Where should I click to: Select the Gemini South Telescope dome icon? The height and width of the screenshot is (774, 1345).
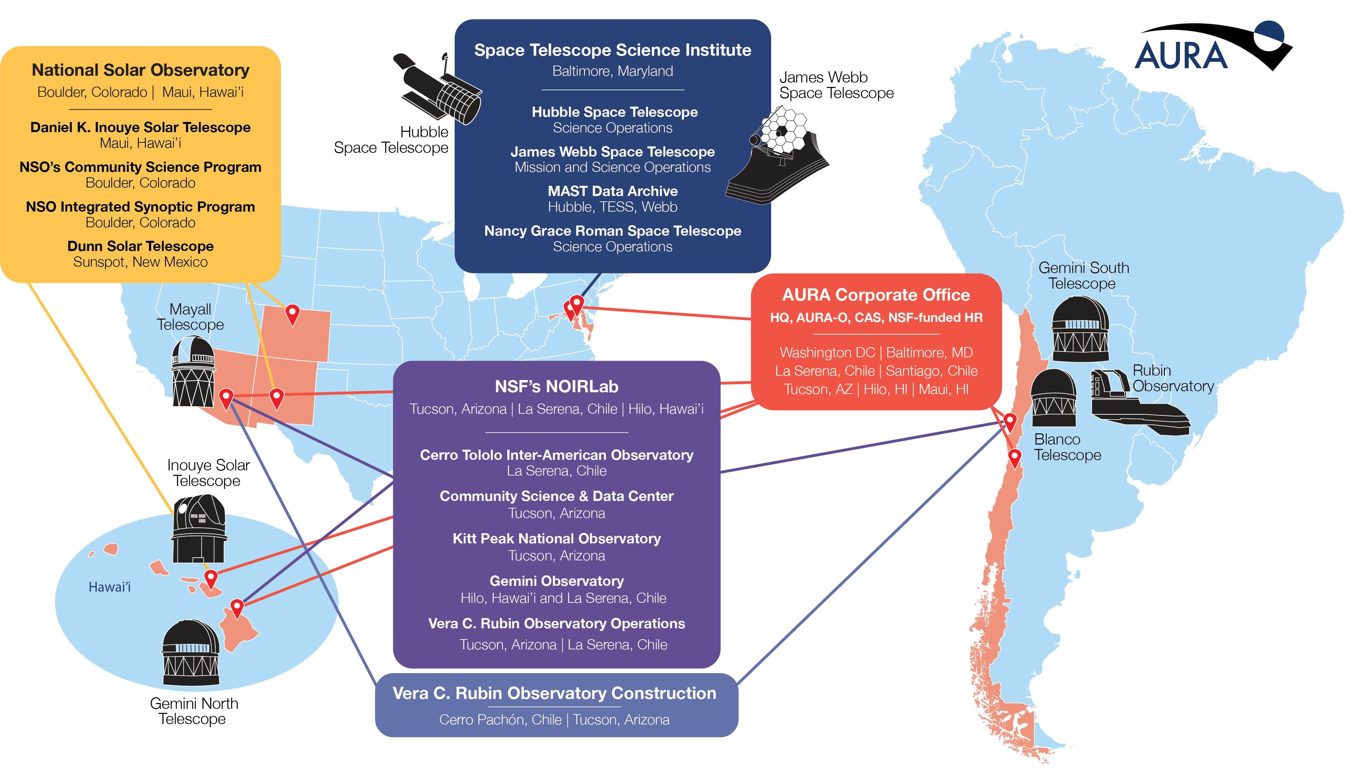coord(1080,329)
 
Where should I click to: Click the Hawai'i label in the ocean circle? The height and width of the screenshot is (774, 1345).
coord(109,587)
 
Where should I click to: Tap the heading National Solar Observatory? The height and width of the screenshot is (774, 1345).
coord(140,70)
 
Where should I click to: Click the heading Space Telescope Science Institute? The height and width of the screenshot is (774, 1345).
coord(613,50)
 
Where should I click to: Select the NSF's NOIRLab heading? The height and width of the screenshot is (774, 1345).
coord(557,386)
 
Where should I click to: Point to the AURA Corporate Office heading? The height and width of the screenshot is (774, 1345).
coord(876,294)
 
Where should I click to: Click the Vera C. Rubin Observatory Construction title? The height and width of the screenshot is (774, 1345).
coord(554,693)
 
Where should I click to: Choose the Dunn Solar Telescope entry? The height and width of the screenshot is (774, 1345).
coord(140,254)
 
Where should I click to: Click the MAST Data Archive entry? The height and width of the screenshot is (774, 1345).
coord(613,199)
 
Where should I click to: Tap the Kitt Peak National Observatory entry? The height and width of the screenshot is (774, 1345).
coord(557,546)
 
